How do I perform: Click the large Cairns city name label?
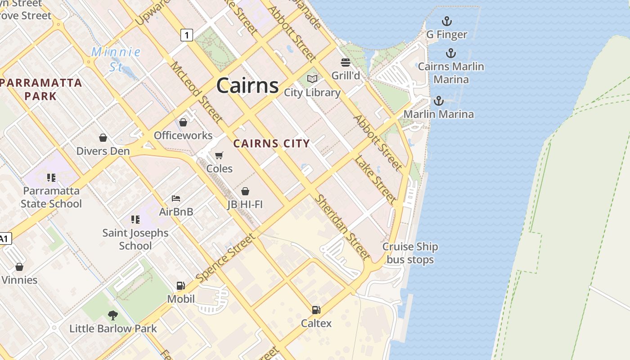247,85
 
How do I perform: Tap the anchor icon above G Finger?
446,21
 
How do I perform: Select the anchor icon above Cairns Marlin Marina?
450,53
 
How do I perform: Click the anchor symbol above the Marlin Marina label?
438,101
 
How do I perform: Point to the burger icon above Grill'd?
346,62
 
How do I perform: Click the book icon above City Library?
312,79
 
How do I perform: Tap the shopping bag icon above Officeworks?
183,122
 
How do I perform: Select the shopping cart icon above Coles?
219,155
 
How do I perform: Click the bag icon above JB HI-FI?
245,191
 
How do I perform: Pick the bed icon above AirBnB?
176,198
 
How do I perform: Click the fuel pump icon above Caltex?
316,310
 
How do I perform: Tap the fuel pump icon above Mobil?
180,285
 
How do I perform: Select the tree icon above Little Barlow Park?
113,315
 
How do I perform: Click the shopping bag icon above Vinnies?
19,267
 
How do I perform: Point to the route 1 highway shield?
187,35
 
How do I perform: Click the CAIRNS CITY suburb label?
271,144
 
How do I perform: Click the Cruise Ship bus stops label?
410,253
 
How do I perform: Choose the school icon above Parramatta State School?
51,178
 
